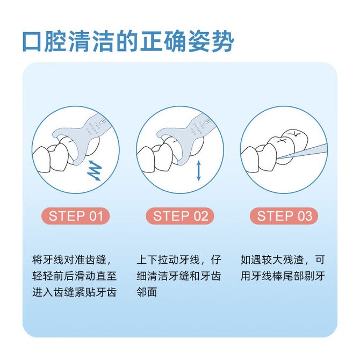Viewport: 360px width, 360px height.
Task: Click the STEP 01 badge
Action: pos(76,216)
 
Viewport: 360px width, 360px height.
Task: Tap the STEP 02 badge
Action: pos(180,216)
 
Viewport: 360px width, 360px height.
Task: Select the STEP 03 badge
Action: pos(284,216)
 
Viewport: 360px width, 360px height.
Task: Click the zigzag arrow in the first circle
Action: pos(95,170)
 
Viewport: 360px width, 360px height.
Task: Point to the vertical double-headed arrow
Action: pos(199,170)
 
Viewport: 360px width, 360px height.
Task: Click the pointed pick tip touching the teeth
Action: pos(278,159)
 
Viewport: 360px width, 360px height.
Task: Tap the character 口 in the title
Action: pos(32,42)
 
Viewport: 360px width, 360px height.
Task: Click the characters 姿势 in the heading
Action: pos(211,42)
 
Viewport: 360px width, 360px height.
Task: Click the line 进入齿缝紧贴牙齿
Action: pos(74,292)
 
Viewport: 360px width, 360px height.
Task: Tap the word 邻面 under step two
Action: pos(147,292)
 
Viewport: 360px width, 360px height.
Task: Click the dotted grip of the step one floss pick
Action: pos(93,128)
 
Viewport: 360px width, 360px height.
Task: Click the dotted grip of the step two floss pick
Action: pos(198,128)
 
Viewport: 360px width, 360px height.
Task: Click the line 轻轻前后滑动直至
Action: pos(74,276)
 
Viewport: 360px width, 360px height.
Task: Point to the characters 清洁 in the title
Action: pos(92,42)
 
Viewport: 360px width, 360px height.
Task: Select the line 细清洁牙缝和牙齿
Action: pos(179,276)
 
